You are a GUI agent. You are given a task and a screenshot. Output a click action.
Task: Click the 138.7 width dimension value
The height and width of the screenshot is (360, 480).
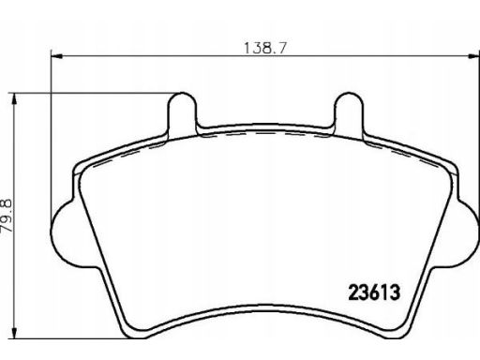pos(264,48)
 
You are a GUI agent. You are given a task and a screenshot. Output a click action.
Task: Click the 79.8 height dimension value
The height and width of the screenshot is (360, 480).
pos(7,216)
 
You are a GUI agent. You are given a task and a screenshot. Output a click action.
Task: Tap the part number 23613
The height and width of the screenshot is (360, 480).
pos(374,292)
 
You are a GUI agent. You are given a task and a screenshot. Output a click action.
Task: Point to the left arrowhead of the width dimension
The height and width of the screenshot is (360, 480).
pos(56,56)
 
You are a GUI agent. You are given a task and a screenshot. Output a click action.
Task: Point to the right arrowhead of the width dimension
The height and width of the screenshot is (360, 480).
pos(473,56)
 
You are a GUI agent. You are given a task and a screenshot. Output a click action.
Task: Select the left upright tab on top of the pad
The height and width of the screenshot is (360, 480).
pos(183,112)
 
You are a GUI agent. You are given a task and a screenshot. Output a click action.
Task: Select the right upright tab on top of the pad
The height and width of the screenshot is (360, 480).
pos(349,112)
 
